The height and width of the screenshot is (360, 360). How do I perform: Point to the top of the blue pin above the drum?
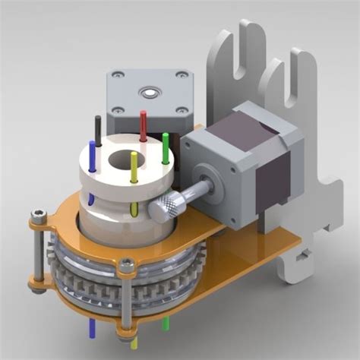[x=93, y=144]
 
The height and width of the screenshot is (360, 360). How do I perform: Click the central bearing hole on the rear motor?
[x=149, y=93]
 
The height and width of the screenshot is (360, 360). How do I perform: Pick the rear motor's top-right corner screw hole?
[x=182, y=75]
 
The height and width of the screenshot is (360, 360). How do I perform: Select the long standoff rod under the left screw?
[x=34, y=254]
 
